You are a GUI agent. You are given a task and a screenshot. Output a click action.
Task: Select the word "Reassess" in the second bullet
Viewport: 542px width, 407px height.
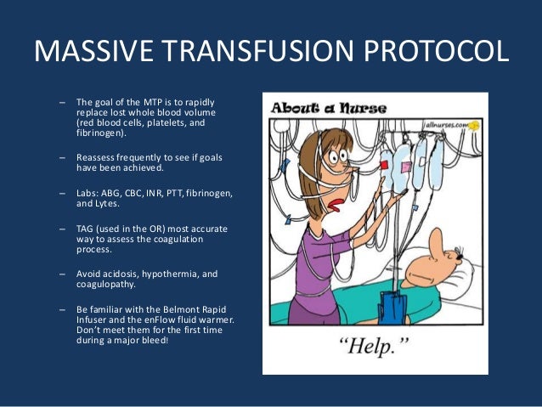click(x=96, y=158)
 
